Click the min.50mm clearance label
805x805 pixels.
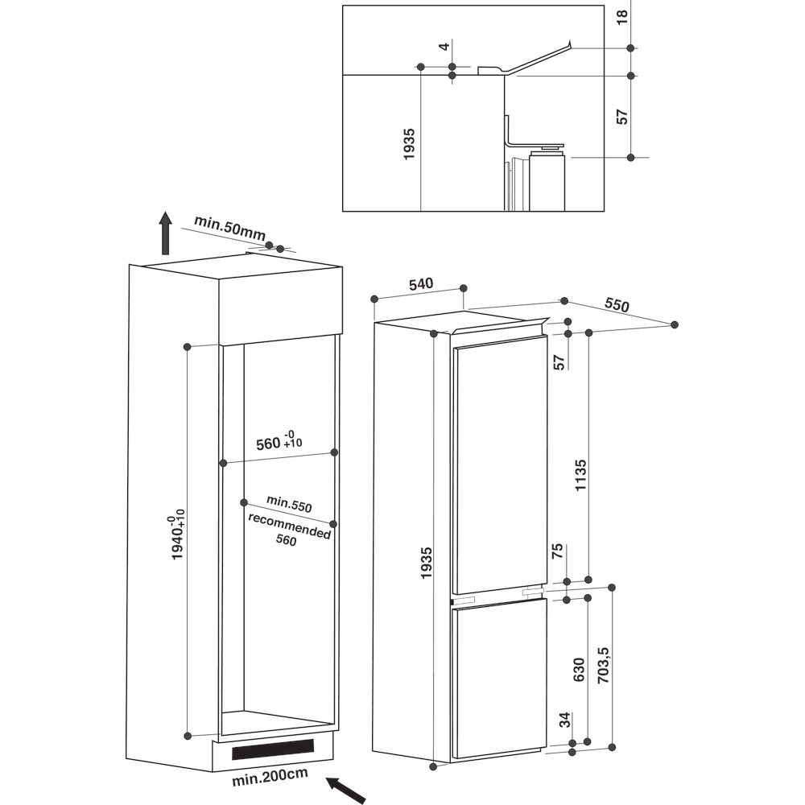click(229, 229)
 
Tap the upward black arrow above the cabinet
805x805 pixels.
click(165, 233)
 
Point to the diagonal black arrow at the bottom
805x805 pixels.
click(345, 790)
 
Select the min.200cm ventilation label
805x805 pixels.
click(270, 777)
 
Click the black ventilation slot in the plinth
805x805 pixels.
click(273, 749)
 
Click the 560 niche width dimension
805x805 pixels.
click(279, 441)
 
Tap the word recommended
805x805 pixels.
click(289, 526)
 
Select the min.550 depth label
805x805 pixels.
click(289, 504)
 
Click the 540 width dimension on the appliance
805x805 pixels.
click(421, 284)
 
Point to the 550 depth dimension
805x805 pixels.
click(617, 305)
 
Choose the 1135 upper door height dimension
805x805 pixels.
click(580, 475)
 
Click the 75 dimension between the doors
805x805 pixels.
click(557, 551)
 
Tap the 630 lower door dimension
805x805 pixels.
click(579, 670)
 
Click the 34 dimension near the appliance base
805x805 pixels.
click(565, 720)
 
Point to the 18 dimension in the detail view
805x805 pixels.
click(621, 17)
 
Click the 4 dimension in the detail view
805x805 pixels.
click(444, 46)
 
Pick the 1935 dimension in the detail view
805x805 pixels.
click(409, 144)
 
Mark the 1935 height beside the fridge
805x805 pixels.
click(426, 563)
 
